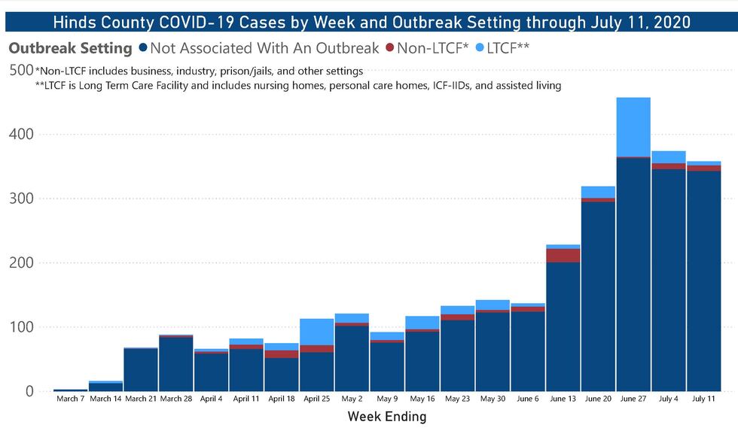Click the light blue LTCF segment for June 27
click(633, 127)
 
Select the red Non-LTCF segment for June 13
click(563, 256)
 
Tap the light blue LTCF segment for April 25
click(317, 332)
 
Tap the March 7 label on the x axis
click(71, 399)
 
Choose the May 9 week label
click(387, 399)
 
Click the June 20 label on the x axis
click(598, 399)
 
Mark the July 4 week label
click(669, 399)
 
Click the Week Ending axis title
click(387, 416)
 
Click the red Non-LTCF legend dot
click(390, 49)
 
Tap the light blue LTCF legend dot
click(480, 49)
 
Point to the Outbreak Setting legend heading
click(70, 49)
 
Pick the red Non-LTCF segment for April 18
click(282, 354)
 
